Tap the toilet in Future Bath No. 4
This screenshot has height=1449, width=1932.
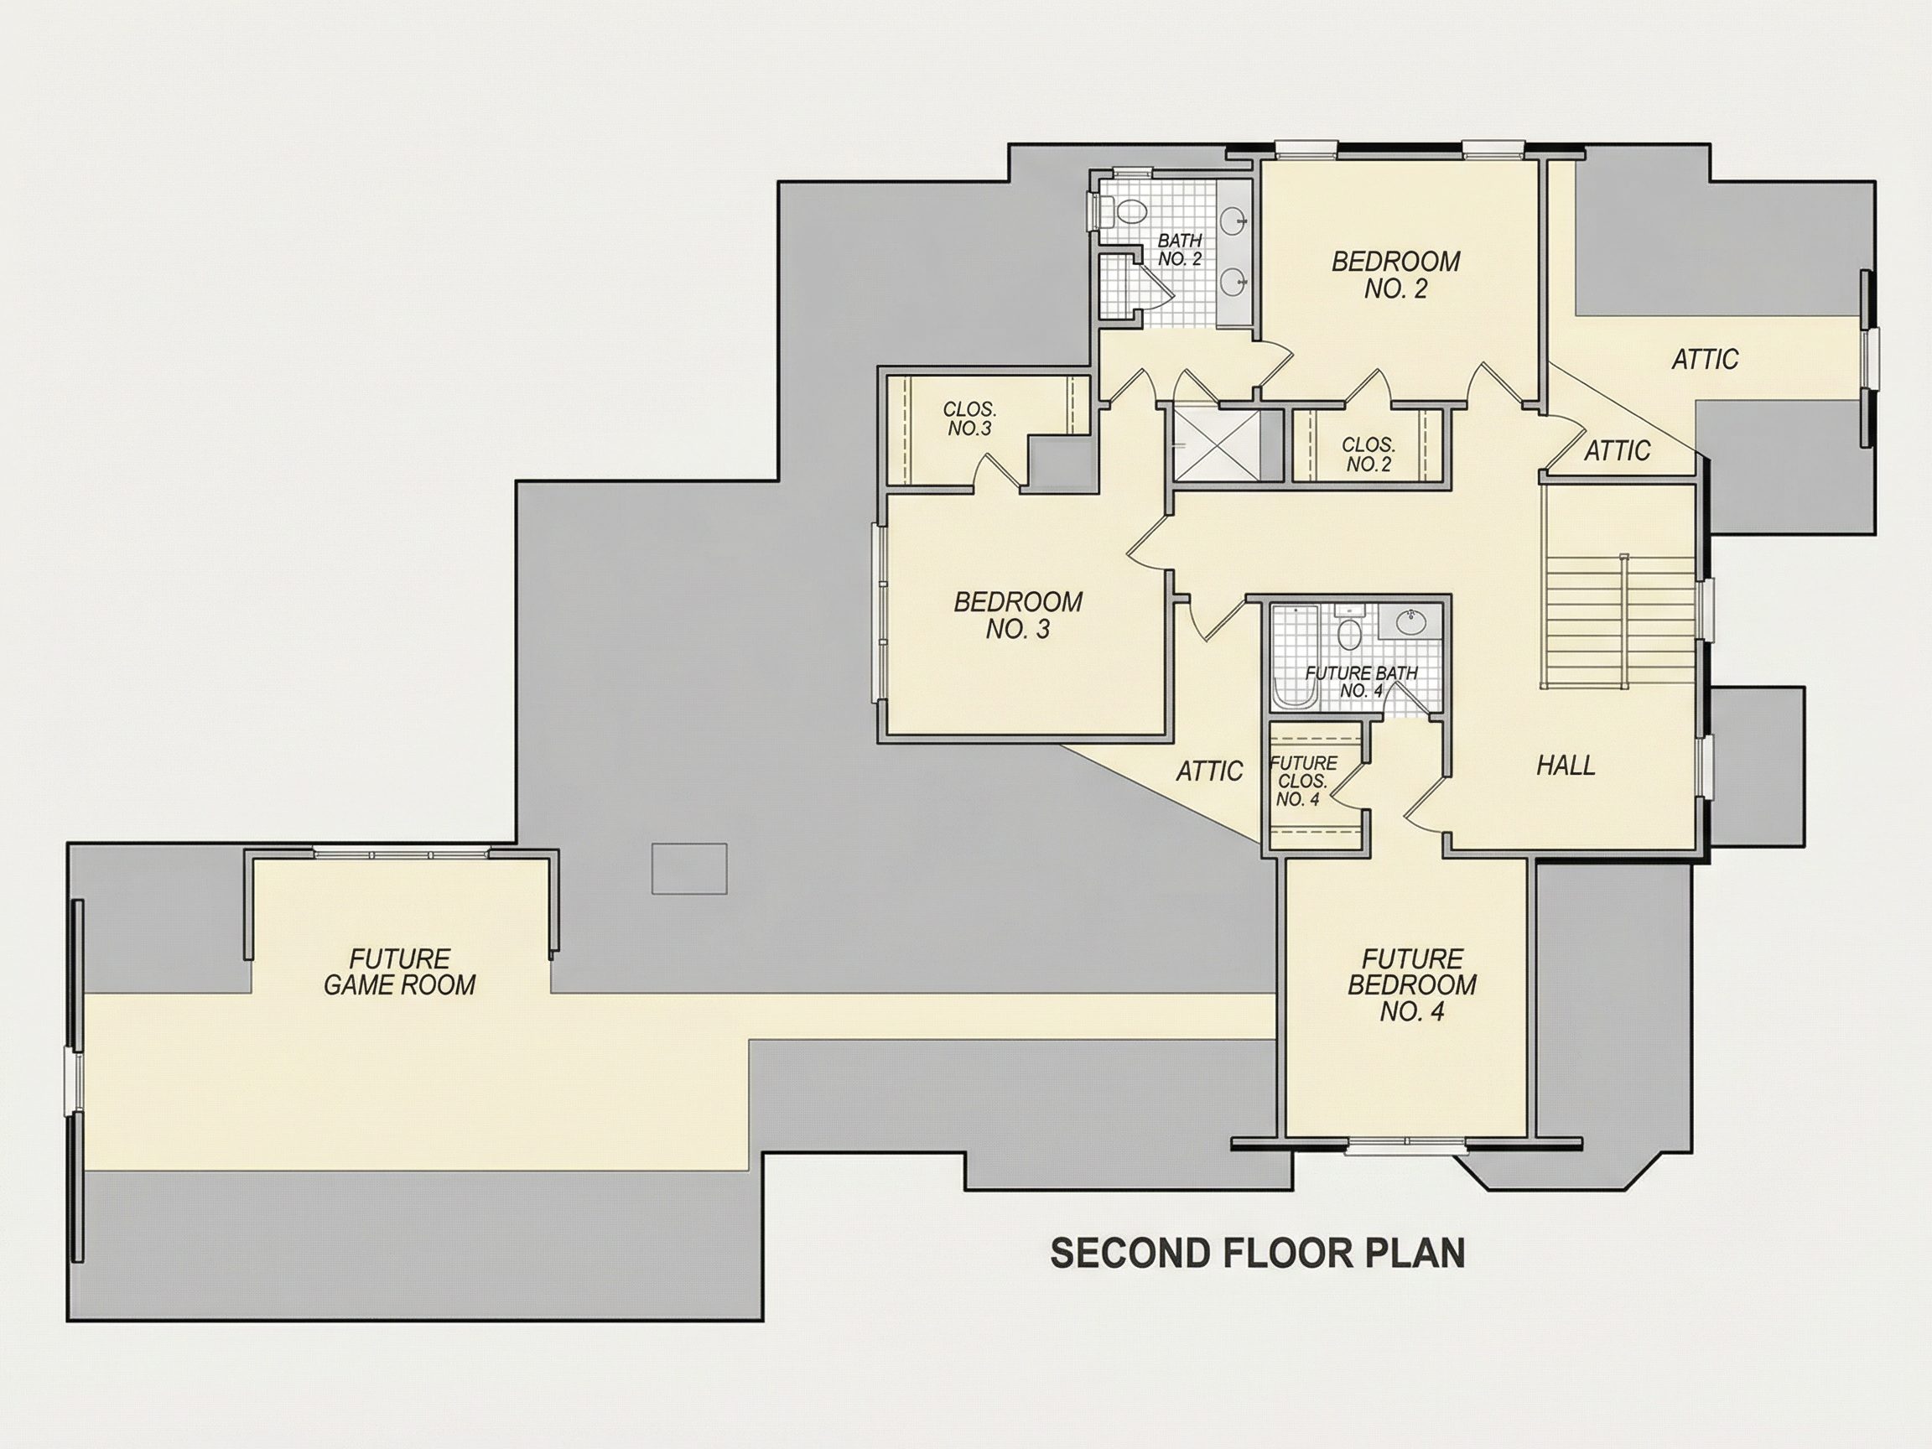1349,631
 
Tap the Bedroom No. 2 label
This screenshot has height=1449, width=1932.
1395,274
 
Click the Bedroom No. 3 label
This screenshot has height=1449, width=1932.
1017,615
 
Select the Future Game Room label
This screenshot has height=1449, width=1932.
399,972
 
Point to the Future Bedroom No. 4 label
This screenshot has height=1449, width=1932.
1411,985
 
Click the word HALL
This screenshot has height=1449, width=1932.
1566,766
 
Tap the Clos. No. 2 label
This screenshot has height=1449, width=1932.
1368,455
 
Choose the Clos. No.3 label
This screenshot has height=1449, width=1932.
969,419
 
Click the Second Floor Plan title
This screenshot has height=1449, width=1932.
1259,1253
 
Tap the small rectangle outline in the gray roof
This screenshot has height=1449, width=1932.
689,868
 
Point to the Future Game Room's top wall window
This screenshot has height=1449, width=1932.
401,853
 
